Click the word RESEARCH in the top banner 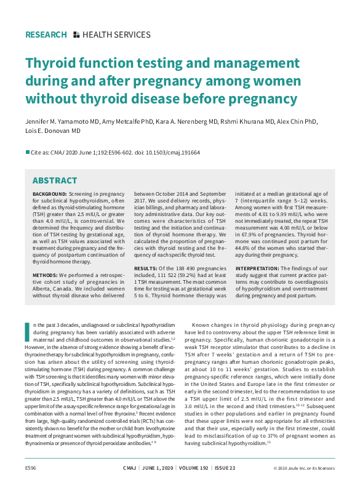click(46, 35)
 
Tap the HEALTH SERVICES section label click(116, 35)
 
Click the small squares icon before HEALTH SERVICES click(76, 35)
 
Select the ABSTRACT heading click(55, 180)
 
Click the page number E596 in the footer click(31, 467)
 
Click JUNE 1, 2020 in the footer click(158, 467)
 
